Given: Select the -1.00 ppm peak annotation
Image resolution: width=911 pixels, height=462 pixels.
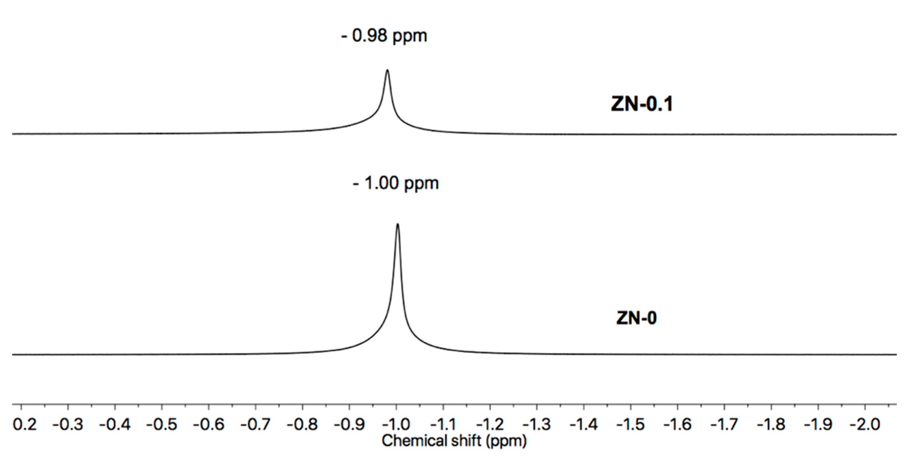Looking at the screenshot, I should point(396,183).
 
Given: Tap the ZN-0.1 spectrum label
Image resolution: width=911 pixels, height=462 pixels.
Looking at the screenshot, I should point(642,104).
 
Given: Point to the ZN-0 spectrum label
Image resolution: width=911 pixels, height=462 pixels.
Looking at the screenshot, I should point(636,318).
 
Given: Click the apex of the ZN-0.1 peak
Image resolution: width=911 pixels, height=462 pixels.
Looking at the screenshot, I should point(387,70).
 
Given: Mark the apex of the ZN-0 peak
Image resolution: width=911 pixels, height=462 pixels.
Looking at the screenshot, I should point(398,224).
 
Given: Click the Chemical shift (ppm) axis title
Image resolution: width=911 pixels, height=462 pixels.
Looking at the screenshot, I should point(454,441).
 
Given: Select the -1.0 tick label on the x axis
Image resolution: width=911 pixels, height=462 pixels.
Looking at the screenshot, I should point(396,424).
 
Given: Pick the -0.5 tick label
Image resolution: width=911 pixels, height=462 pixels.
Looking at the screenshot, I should point(162,424).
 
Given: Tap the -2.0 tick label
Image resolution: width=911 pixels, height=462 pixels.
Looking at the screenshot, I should point(864,424).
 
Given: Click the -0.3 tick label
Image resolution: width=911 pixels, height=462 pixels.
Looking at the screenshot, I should point(68,424).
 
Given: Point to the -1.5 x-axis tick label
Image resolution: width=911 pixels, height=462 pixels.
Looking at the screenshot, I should point(630,424).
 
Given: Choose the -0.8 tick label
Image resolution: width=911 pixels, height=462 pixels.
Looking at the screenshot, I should point(302,424).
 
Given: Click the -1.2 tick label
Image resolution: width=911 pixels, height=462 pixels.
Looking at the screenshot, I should point(490,424).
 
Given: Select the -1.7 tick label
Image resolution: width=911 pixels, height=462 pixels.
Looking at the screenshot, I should point(724,424).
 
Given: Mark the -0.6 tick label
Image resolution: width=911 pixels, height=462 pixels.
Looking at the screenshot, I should point(209,424).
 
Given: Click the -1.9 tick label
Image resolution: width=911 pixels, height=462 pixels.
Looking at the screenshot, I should point(818,424).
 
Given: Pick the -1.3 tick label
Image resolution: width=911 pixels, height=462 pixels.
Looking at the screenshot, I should point(537,424).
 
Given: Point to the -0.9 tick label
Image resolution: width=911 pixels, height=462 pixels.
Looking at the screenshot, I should point(349,424).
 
